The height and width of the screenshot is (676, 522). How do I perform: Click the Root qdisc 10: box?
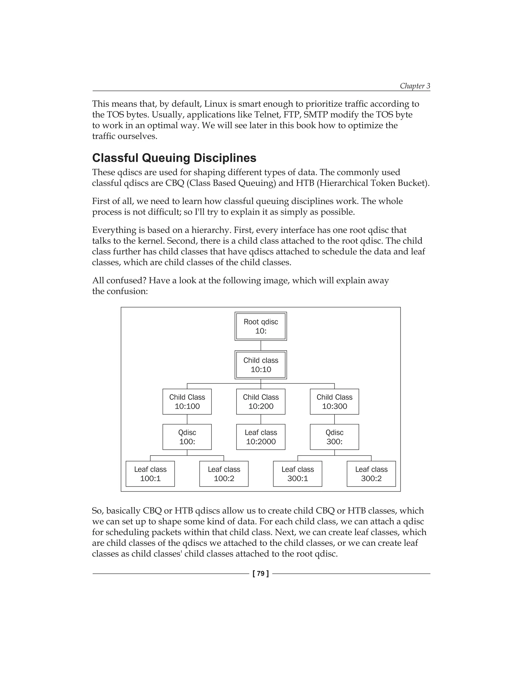tap(261, 326)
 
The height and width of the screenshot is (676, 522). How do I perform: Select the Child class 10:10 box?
tap(261, 365)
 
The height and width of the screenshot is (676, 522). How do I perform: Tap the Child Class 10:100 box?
tap(187, 402)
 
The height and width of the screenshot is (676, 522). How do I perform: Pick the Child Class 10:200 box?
tap(261, 402)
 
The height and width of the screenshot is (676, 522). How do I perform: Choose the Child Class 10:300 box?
tap(334, 402)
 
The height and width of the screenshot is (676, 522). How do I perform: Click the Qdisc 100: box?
tap(187, 437)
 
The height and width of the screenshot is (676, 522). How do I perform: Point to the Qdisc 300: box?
tap(334, 437)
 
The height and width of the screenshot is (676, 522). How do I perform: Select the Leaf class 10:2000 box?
tap(261, 437)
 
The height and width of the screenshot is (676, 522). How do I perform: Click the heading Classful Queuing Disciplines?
tap(174, 158)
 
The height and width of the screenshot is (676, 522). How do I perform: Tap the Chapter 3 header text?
tap(415, 86)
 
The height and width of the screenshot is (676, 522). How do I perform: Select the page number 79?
tap(261, 573)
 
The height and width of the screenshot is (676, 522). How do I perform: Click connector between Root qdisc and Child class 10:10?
tap(261, 345)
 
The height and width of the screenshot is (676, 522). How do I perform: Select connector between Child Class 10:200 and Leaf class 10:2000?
tap(261, 419)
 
